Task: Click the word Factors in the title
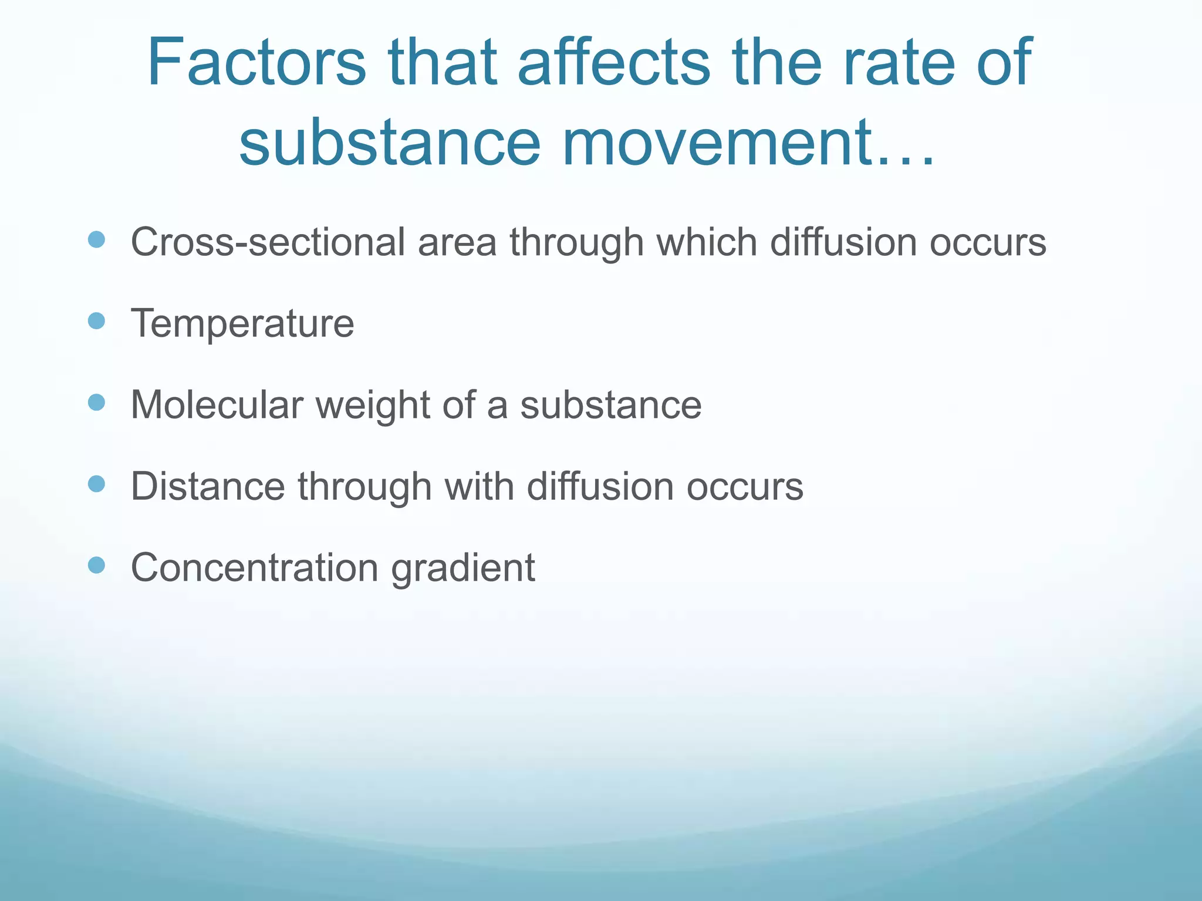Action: [x=256, y=63]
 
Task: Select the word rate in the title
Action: [x=899, y=63]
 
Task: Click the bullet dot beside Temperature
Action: [x=96, y=321]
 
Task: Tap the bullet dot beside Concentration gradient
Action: [x=96, y=565]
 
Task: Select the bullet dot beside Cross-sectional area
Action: [x=96, y=239]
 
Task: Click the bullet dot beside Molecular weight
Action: [x=96, y=402]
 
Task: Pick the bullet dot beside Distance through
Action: [x=96, y=484]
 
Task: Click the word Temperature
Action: [x=242, y=324]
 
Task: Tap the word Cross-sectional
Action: [x=268, y=242]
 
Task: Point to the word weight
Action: [x=373, y=406]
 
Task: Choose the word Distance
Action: [x=208, y=486]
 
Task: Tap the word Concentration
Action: [x=254, y=568]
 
